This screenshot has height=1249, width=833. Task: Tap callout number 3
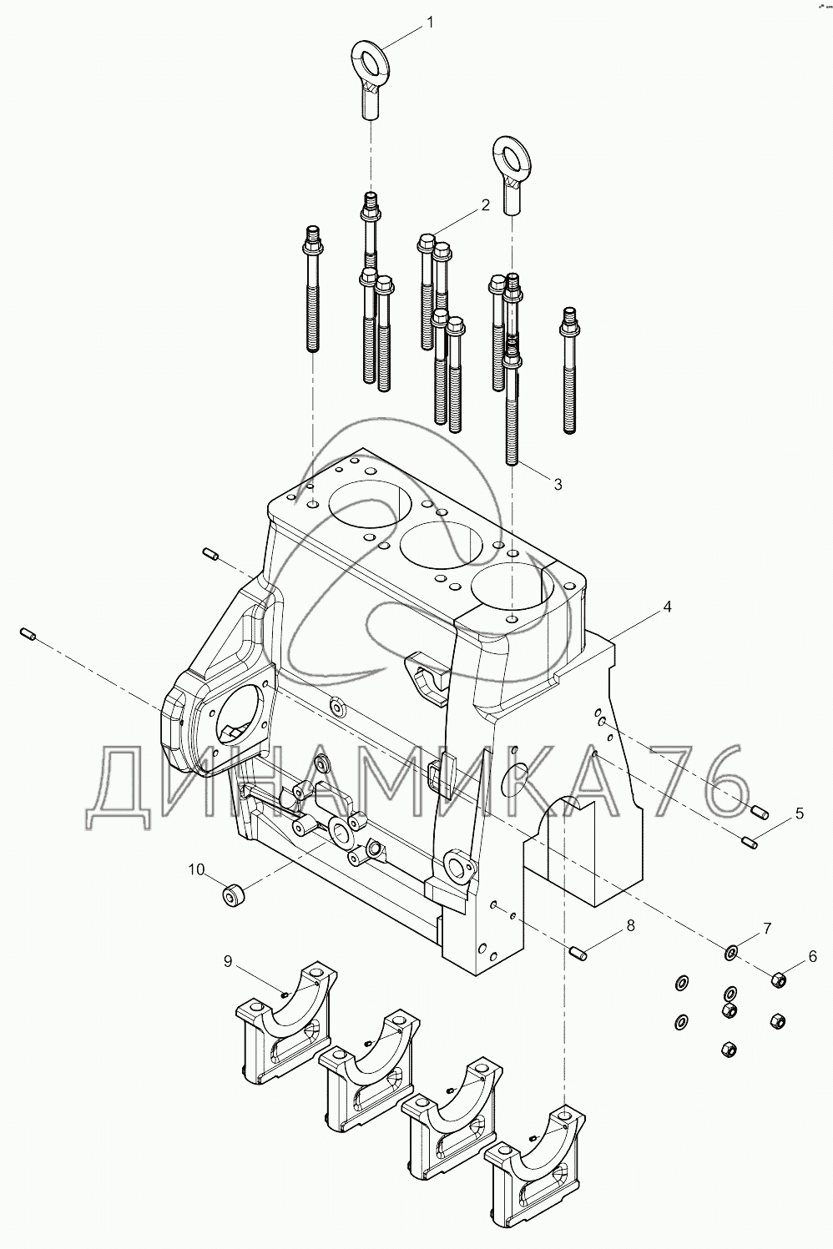(x=558, y=483)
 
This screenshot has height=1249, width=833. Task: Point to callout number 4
(x=666, y=608)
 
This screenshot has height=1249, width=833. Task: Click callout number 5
(x=799, y=813)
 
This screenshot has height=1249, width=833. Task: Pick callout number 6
(x=812, y=957)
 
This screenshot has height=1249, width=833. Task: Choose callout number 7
(x=766, y=928)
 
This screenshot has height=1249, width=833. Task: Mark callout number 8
(x=630, y=925)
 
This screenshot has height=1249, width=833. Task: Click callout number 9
(x=227, y=962)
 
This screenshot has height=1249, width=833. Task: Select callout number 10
(x=196, y=869)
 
